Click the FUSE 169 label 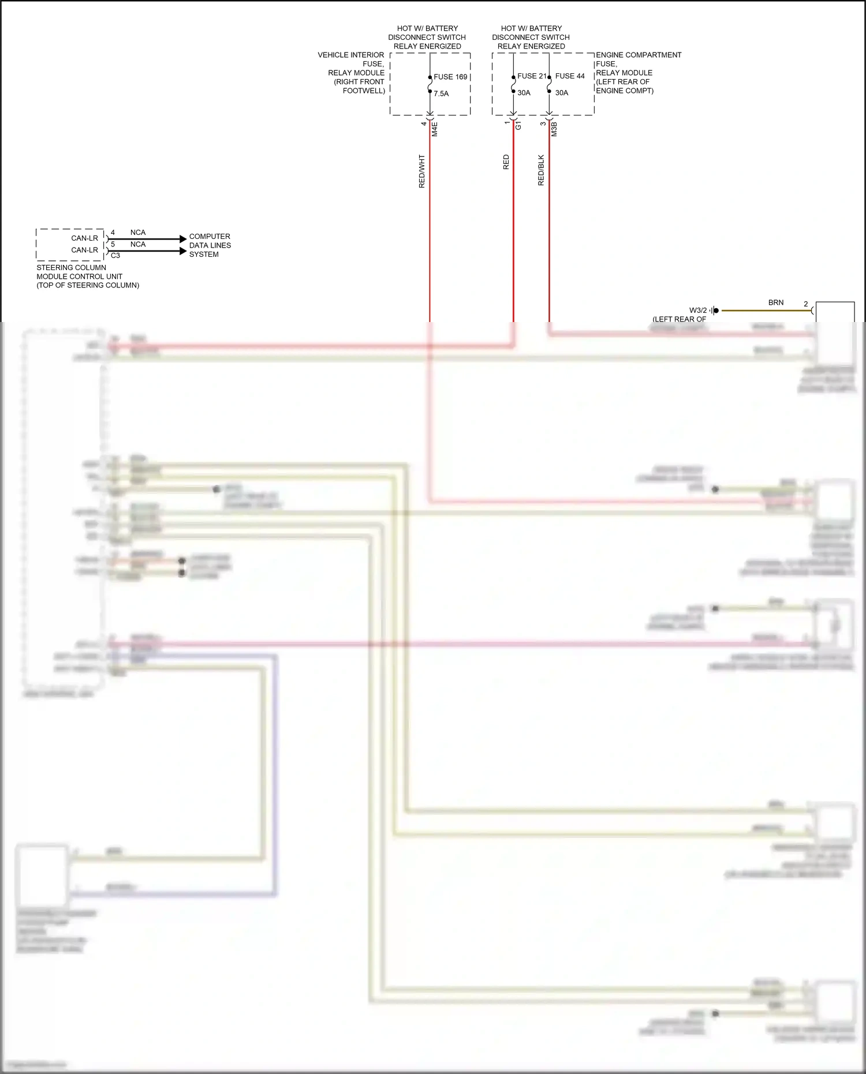450,77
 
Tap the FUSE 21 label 531,76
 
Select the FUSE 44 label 570,76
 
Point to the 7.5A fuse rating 441,93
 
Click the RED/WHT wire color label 422,171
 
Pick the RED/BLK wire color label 541,170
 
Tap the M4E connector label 435,129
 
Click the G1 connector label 518,125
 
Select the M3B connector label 554,129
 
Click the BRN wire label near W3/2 776,302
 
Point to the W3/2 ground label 697,310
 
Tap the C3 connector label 115,256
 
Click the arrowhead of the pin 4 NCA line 184,239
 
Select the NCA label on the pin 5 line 138,245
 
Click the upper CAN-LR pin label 84,238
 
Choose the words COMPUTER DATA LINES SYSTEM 210,245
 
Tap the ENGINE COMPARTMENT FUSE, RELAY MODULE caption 638,73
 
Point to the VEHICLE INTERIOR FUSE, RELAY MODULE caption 352,73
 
